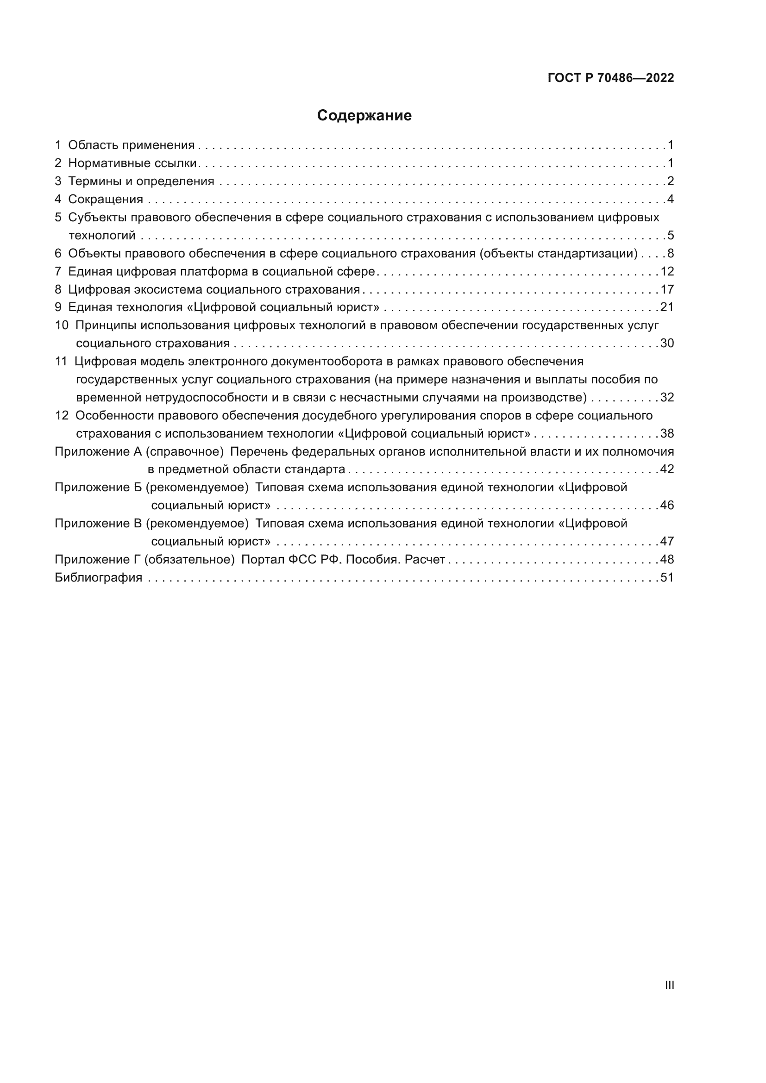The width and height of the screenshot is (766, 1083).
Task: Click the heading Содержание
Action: [x=364, y=116]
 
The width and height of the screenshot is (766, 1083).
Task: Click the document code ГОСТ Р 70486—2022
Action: [x=611, y=78]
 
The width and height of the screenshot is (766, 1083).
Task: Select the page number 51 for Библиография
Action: [x=667, y=577]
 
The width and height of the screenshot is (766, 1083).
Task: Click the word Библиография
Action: [x=99, y=577]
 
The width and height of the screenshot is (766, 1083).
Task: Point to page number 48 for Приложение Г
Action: [x=667, y=559]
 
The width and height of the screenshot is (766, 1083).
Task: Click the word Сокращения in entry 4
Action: [x=106, y=199]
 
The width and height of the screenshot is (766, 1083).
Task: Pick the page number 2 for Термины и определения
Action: [x=671, y=181]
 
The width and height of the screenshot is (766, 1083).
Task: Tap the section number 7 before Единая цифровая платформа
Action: [x=58, y=271]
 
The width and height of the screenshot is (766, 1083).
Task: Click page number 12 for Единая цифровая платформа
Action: [x=667, y=271]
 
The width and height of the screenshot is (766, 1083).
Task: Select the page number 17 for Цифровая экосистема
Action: [x=667, y=289]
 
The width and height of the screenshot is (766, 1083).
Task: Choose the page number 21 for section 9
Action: [x=667, y=307]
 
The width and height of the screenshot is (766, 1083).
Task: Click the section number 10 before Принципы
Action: [x=62, y=325]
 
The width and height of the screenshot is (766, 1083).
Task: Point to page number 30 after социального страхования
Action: [x=667, y=343]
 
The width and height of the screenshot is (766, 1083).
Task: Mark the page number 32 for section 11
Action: [x=667, y=397]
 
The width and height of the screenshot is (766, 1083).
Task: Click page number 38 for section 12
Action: [x=667, y=433]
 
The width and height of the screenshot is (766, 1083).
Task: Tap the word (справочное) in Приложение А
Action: [x=184, y=451]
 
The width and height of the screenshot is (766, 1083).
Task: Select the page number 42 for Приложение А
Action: [x=667, y=469]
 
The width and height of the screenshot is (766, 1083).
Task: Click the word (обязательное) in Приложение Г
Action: [x=189, y=559]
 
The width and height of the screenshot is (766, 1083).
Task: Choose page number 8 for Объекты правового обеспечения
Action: [x=671, y=253]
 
